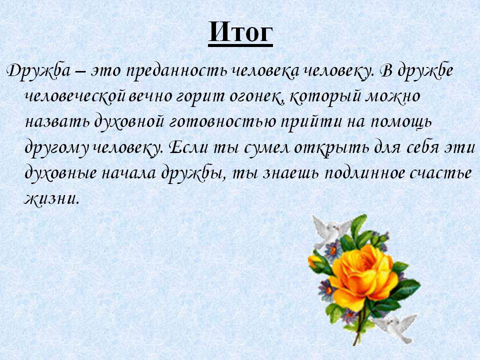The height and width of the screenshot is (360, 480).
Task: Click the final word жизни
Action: [x=51, y=199]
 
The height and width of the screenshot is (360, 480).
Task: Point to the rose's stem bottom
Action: [x=355, y=344]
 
